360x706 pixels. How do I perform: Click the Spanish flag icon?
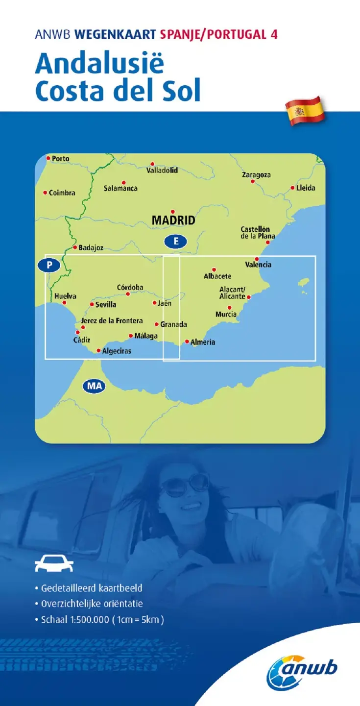pyautogui.click(x=305, y=111)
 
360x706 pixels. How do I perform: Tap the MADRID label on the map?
pyautogui.click(x=173, y=220)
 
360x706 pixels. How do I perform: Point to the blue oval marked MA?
pyautogui.click(x=94, y=386)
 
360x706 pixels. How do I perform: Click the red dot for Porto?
pyautogui.click(x=48, y=158)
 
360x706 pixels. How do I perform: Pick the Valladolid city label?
pyautogui.click(x=162, y=170)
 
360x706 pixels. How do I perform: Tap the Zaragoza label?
pyautogui.click(x=256, y=174)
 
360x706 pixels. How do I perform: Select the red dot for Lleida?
pyautogui.click(x=292, y=188)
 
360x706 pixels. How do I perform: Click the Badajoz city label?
pyautogui.click(x=91, y=248)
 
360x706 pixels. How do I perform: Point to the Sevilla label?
pyautogui.click(x=106, y=305)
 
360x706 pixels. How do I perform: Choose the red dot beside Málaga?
pyautogui.click(x=131, y=336)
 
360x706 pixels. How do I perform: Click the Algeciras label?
pyautogui.click(x=117, y=351)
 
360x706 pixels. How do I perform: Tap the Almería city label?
pyautogui.click(x=203, y=342)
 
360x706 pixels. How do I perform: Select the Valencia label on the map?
pyautogui.click(x=258, y=265)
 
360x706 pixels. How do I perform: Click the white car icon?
pyautogui.click(x=53, y=563)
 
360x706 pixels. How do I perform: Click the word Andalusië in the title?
pyautogui.click(x=99, y=64)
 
